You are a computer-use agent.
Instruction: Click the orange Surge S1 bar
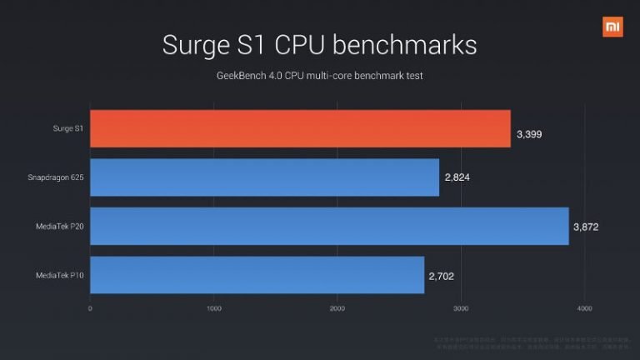point(300,128)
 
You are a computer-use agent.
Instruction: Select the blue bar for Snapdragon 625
point(264,177)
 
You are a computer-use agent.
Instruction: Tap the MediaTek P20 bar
point(329,226)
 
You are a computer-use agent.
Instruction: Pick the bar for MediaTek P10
point(257,275)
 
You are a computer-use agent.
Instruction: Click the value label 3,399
point(529,133)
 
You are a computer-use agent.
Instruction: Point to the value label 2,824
point(457,178)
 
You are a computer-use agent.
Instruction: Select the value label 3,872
point(587,227)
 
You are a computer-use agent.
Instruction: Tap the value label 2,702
point(442,276)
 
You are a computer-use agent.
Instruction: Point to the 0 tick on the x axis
point(90,308)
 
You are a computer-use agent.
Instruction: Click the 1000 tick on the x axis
point(213,308)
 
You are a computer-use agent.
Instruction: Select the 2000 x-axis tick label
point(337,308)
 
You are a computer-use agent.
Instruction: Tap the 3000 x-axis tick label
point(461,308)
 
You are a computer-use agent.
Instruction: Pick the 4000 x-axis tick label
point(584,308)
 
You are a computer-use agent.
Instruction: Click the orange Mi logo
point(612,27)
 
